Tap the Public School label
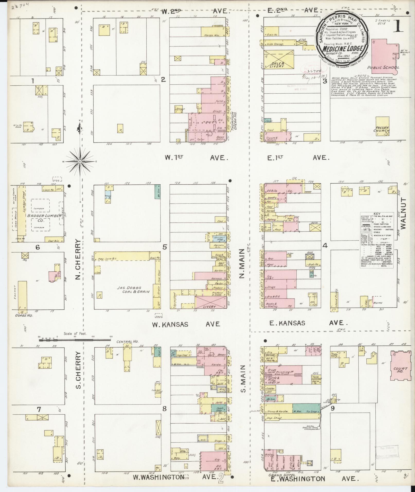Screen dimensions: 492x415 point(383,68)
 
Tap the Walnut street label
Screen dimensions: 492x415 point(403,213)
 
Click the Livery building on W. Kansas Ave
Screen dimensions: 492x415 point(210,302)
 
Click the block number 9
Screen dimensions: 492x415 point(332,408)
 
